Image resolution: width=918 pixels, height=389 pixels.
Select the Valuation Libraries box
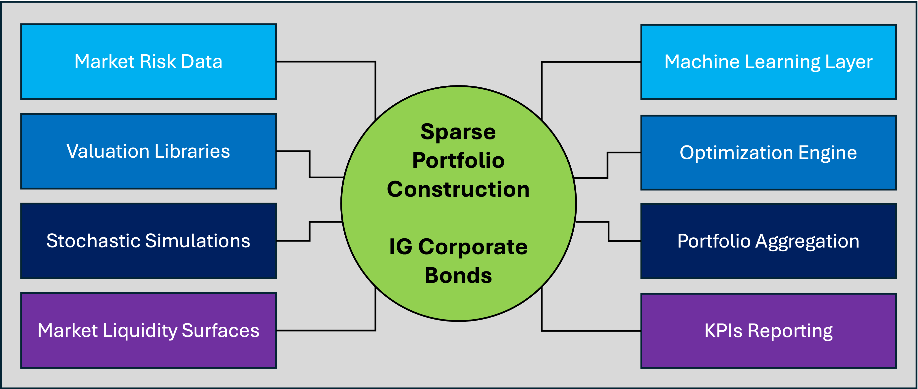(148, 151)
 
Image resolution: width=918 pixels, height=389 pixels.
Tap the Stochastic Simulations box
(148, 241)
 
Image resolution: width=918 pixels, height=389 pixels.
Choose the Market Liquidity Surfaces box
(148, 330)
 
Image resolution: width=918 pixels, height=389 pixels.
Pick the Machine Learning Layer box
(768, 62)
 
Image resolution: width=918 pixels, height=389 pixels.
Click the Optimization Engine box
(768, 153)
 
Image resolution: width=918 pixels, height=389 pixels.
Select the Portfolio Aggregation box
(768, 241)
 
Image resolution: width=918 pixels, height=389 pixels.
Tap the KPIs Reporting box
(768, 331)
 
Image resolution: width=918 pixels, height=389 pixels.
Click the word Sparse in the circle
(458, 132)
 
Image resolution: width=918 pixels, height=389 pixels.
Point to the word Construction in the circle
(458, 189)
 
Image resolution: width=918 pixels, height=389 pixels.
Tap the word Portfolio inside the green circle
(458, 160)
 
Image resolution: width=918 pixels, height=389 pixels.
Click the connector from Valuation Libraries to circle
(310, 164)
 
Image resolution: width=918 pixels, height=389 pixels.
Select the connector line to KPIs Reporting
(592, 331)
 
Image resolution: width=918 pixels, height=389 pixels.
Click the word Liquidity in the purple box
(142, 330)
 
